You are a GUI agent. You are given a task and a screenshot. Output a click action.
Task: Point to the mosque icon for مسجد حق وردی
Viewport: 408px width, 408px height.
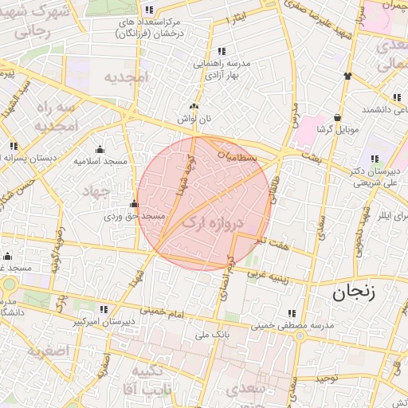134,204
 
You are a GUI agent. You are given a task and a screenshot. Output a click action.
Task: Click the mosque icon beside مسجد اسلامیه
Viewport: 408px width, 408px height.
100,149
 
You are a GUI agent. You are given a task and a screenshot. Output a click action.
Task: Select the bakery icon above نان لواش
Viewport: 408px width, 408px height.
193,107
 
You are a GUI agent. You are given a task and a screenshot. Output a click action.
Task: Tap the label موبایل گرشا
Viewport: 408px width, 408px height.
338,128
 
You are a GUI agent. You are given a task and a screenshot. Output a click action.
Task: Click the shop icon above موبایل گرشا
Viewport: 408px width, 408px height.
338,117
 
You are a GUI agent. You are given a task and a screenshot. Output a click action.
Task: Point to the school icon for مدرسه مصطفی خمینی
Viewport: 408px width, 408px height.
292,313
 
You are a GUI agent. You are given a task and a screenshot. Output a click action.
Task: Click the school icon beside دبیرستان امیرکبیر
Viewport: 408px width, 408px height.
104,309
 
